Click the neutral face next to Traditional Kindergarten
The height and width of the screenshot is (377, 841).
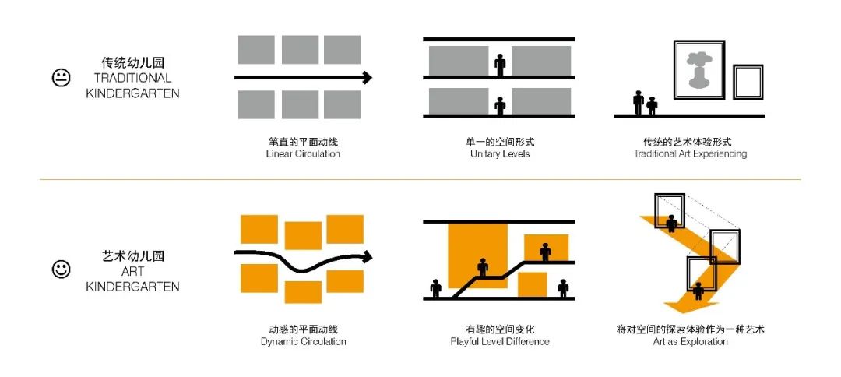click(x=62, y=79)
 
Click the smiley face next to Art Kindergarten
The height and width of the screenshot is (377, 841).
click(x=62, y=269)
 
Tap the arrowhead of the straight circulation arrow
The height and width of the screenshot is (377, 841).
click(x=367, y=77)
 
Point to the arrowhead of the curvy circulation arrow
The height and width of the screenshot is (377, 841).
click(x=367, y=256)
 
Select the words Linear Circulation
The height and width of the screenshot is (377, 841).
click(x=303, y=154)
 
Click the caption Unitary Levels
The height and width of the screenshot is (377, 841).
click(x=500, y=154)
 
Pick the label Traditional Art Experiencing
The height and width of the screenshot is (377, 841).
click(x=690, y=154)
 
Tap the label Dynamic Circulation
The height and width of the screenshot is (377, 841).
click(x=303, y=342)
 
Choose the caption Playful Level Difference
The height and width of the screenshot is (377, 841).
click(x=500, y=342)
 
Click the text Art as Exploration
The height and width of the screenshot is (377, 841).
click(x=690, y=342)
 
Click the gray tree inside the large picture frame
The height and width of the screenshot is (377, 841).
click(x=698, y=69)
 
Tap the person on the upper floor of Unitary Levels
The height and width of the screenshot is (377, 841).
click(x=500, y=65)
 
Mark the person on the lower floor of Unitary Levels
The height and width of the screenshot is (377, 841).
click(x=500, y=106)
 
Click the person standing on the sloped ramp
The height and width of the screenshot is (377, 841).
click(x=483, y=267)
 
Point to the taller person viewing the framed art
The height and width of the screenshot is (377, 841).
click(x=639, y=102)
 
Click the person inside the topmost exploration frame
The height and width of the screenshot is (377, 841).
click(x=671, y=223)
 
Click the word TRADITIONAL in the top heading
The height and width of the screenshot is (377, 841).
click(x=132, y=79)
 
